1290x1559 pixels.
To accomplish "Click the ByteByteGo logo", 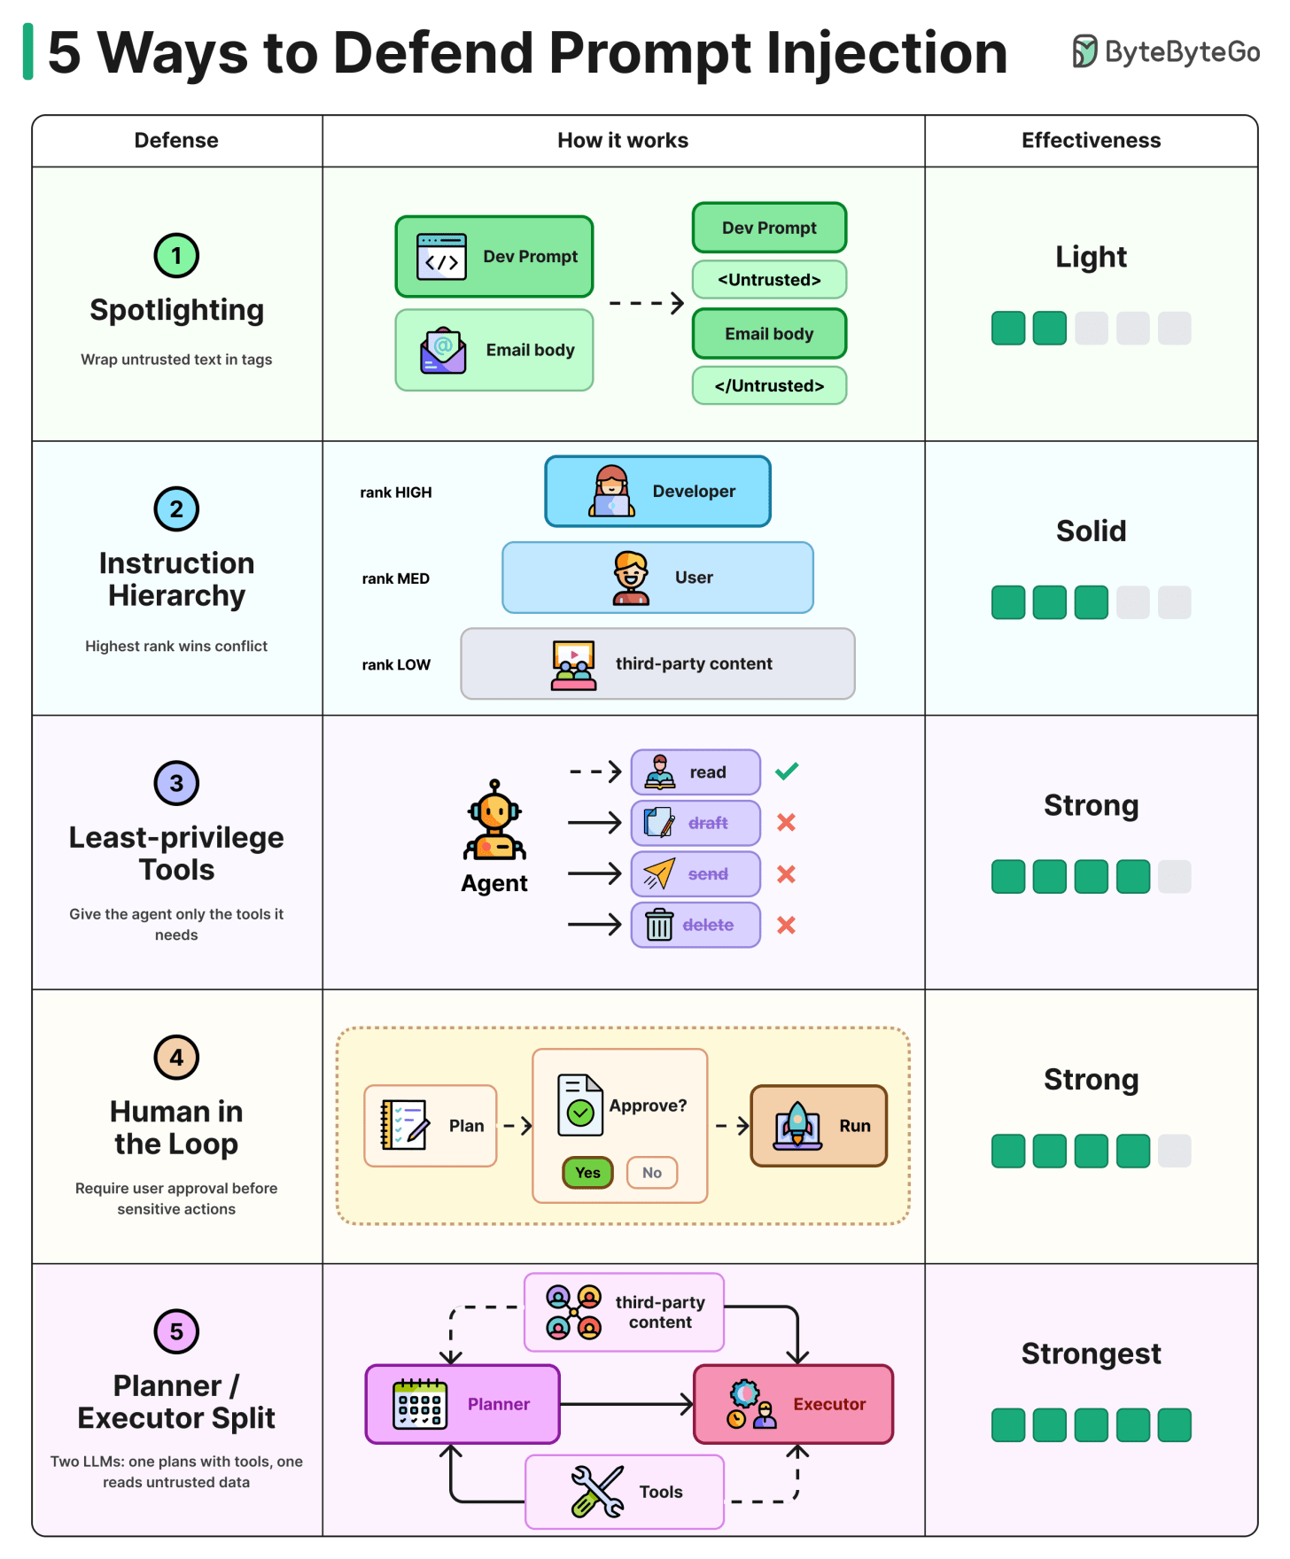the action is [x=1166, y=51].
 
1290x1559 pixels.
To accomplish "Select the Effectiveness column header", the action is [x=1091, y=140].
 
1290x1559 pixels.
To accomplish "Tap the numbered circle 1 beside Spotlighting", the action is [x=176, y=256].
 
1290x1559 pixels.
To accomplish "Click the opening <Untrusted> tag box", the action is [x=769, y=280].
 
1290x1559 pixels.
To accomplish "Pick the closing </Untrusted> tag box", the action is [x=769, y=385].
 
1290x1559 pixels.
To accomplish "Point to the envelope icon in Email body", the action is [x=443, y=350].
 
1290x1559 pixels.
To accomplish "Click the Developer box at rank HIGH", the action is [x=657, y=492].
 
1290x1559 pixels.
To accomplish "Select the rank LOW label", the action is [x=396, y=664].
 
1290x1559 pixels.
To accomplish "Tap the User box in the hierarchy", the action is [x=657, y=578].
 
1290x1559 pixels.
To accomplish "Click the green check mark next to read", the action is [x=787, y=772].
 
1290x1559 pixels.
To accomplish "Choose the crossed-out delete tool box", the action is [x=696, y=925].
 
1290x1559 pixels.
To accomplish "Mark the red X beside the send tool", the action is [x=786, y=874].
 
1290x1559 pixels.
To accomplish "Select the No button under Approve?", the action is [x=652, y=1172].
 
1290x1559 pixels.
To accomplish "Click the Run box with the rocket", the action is [x=819, y=1126].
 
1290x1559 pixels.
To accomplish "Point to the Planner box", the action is [x=462, y=1404].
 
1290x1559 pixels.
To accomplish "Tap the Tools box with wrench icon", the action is [x=625, y=1492].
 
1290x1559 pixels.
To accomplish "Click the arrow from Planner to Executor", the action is [x=626, y=1404].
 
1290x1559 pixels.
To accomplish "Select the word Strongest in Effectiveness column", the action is [x=1091, y=1353].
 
